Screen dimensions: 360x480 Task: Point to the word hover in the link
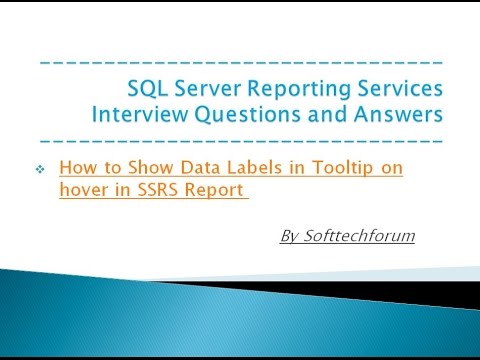[x=82, y=191]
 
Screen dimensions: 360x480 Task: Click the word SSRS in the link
[x=152, y=191]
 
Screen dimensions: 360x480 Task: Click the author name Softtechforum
[x=353, y=238]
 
